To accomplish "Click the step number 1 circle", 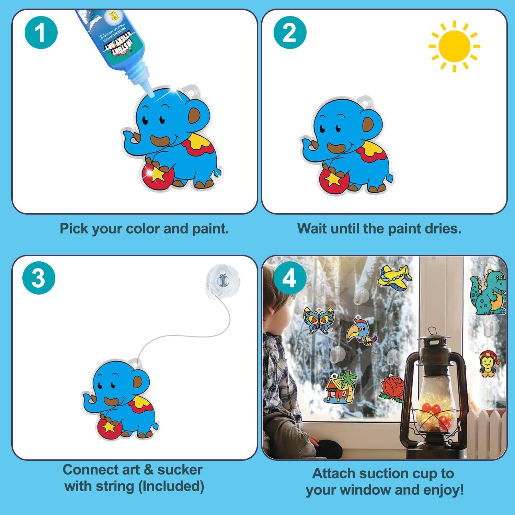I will point(41,33).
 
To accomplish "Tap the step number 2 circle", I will point(289,33).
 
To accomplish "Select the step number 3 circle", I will point(38,277).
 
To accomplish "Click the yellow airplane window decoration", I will point(394,277).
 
